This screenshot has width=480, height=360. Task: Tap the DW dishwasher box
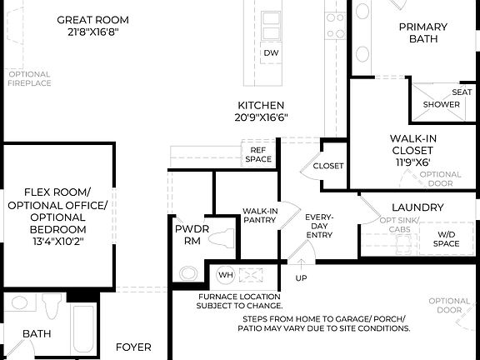click(271, 53)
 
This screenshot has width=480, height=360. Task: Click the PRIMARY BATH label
click(422, 33)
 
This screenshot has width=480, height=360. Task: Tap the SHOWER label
click(441, 105)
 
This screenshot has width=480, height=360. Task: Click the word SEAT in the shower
click(462, 92)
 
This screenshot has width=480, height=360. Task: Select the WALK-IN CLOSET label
click(414, 150)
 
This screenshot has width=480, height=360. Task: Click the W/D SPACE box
click(447, 239)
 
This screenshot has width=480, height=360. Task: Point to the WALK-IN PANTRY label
click(260, 217)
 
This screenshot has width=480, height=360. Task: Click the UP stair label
click(302, 277)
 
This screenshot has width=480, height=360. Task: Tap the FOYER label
click(133, 347)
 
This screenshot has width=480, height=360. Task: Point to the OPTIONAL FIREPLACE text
click(29, 78)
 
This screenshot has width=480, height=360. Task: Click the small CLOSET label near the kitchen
click(327, 166)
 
